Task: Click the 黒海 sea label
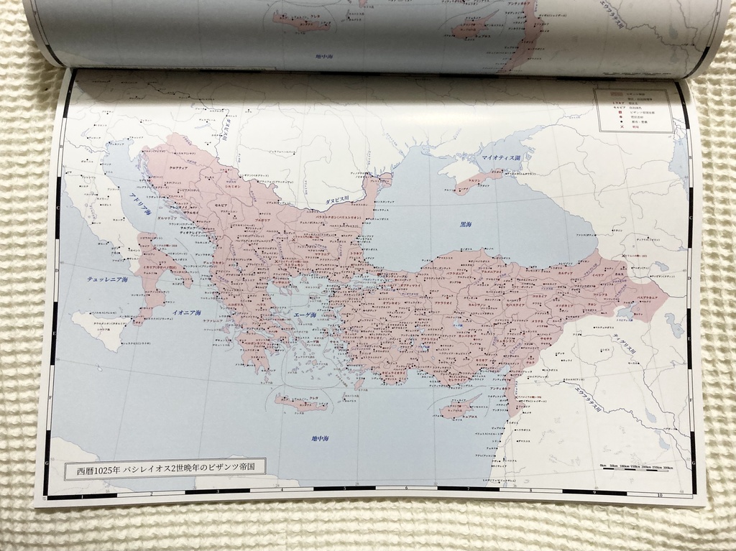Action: [466, 225]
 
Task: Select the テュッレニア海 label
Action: [106, 279]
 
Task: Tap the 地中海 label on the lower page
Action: [321, 437]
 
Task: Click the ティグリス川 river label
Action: [625, 343]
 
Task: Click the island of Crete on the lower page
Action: [300, 404]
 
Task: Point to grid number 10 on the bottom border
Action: [658, 496]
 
